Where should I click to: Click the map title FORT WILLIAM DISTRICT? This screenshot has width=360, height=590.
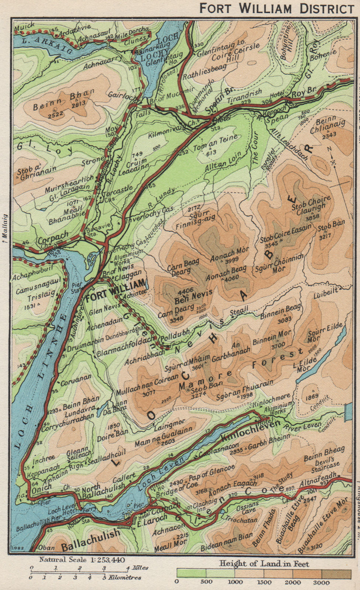coord(276,8)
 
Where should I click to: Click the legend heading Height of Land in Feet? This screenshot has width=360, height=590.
coord(264,563)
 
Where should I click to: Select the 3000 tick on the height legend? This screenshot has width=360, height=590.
coord(322,582)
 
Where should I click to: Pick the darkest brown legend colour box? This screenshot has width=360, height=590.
coord(336,574)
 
